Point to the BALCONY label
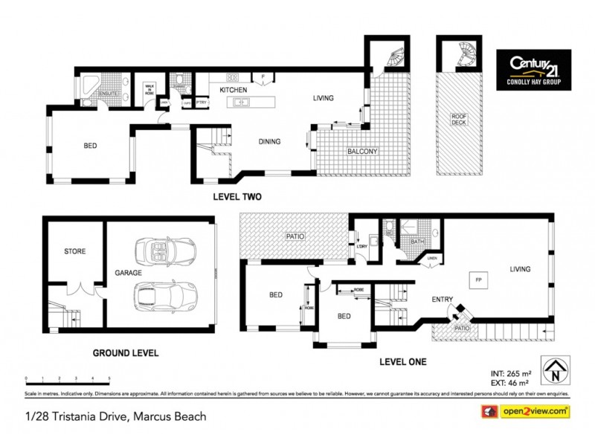pos(362,152)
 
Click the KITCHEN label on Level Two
pos(233,90)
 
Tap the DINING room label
pos(269,142)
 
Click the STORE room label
pos(74,251)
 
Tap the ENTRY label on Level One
pos(443,300)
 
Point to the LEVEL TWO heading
pos(237,197)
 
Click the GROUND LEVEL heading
pos(125,353)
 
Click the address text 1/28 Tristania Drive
pos(115,416)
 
